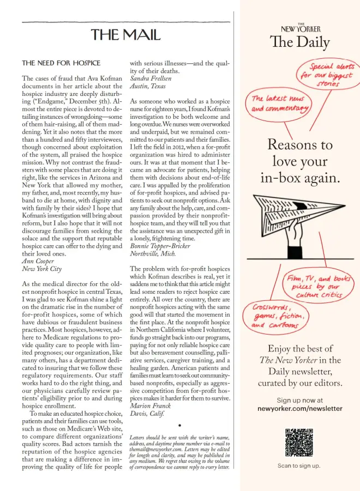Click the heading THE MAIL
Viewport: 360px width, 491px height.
point(126,35)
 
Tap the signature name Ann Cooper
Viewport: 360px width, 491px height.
point(38,261)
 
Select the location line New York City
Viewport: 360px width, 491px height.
point(41,269)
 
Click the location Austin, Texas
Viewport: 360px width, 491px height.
point(148,86)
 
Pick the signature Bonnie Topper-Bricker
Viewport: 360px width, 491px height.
point(160,246)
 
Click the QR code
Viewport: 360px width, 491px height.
point(299,442)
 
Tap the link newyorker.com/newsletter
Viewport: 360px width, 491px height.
point(299,408)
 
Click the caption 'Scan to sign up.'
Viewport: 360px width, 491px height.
point(299,466)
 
